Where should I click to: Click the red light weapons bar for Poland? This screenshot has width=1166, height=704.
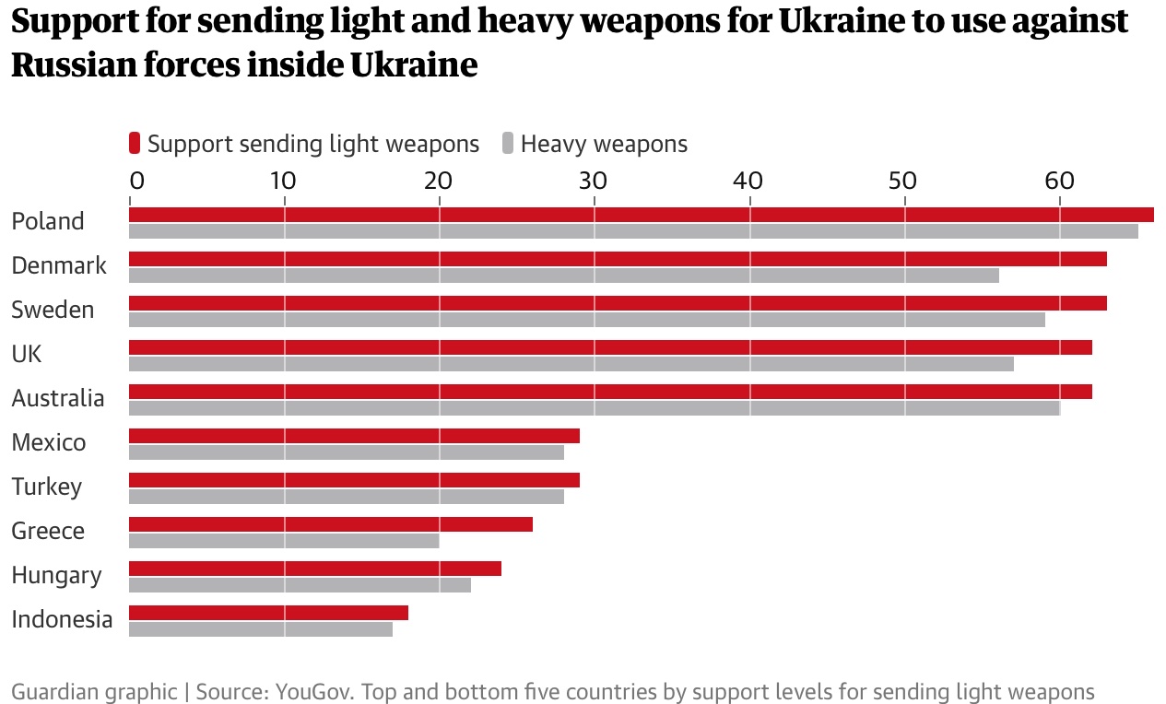point(641,215)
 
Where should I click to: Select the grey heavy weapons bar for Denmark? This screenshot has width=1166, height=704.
point(563,276)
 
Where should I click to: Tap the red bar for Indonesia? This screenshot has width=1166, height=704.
point(268,613)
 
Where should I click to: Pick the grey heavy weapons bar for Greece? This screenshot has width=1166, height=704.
point(284,541)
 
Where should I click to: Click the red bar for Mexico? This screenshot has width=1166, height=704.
point(354,436)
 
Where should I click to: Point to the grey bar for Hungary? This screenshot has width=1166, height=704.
point(300,585)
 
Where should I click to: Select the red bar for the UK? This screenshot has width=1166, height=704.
point(610,347)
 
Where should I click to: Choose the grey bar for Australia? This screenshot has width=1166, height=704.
point(595,408)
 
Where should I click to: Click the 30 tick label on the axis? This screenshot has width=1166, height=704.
point(594,179)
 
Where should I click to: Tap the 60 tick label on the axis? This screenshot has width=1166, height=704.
point(1059,179)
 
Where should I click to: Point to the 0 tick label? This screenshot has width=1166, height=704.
point(136,179)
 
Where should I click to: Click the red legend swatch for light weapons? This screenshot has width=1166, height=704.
point(135,144)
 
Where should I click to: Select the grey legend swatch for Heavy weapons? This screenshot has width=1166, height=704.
point(508,144)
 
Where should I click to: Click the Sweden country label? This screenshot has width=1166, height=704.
point(53,310)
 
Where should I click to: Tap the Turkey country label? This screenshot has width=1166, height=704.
point(47,487)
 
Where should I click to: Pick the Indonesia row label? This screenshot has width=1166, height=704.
point(62,619)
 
